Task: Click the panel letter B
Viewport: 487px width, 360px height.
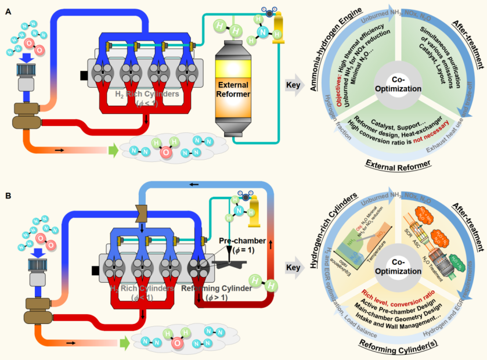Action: tap(8, 196)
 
